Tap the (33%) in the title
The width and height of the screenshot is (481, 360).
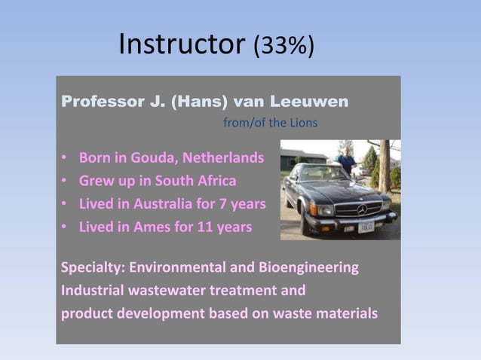coord(283,47)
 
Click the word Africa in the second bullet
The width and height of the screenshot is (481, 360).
coord(214,181)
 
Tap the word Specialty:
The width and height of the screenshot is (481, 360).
coord(93,268)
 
